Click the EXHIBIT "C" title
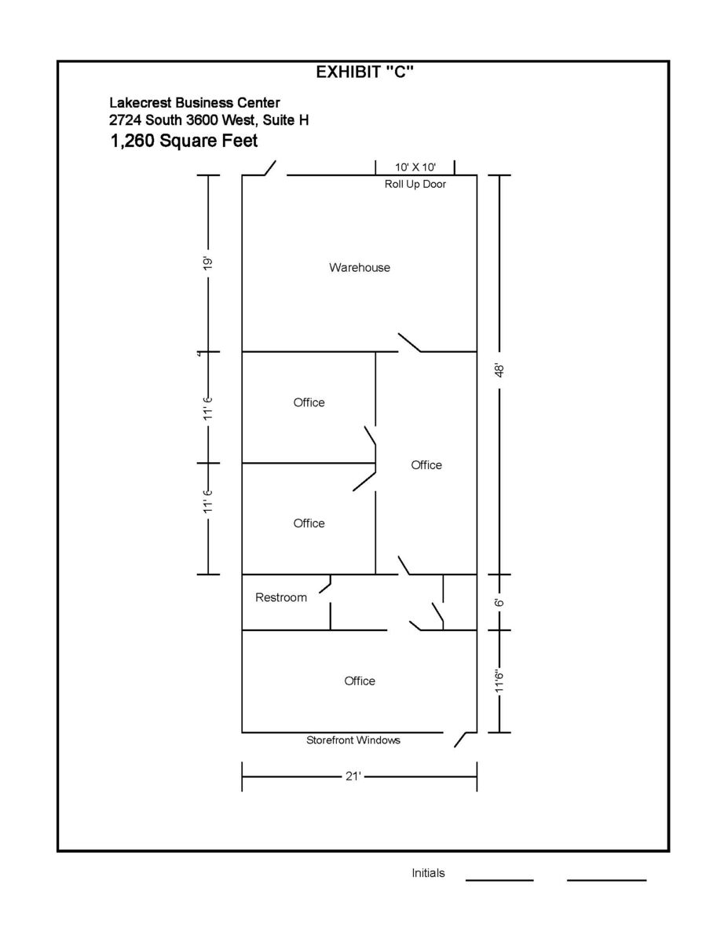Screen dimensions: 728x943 click(x=364, y=72)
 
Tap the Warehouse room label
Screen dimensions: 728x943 click(x=360, y=267)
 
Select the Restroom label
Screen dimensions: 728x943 click(x=281, y=597)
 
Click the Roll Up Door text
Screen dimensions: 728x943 click(x=415, y=185)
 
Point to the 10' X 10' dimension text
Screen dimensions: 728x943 click(x=415, y=167)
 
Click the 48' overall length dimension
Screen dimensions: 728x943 click(x=499, y=371)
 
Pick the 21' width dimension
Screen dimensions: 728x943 click(x=353, y=776)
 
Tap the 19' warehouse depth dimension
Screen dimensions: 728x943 click(x=208, y=264)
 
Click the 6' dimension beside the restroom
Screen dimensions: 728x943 click(x=499, y=602)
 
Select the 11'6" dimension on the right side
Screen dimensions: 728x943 click(x=499, y=682)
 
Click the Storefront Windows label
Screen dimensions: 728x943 click(x=353, y=740)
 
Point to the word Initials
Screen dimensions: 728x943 click(x=428, y=873)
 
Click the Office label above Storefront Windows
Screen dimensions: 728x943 click(x=360, y=681)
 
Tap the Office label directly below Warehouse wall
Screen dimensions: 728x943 click(x=309, y=402)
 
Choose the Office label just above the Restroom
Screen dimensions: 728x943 click(x=309, y=523)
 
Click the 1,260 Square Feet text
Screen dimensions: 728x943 click(x=184, y=141)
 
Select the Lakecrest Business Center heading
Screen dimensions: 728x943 click(x=194, y=103)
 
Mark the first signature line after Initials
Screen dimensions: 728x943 click(x=499, y=880)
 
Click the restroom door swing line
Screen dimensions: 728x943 click(x=325, y=589)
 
